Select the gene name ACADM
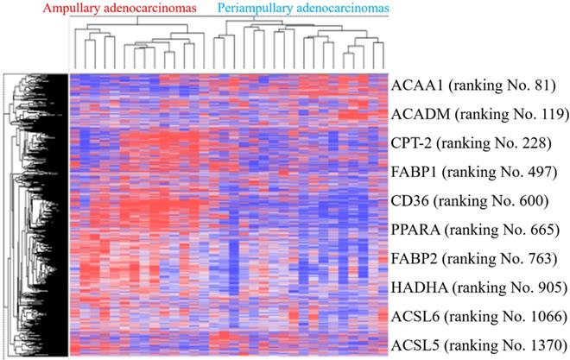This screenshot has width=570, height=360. point(416,113)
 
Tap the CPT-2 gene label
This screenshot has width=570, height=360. point(411,142)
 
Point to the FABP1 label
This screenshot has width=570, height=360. point(413,171)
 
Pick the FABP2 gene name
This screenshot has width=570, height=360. point(413,258)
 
